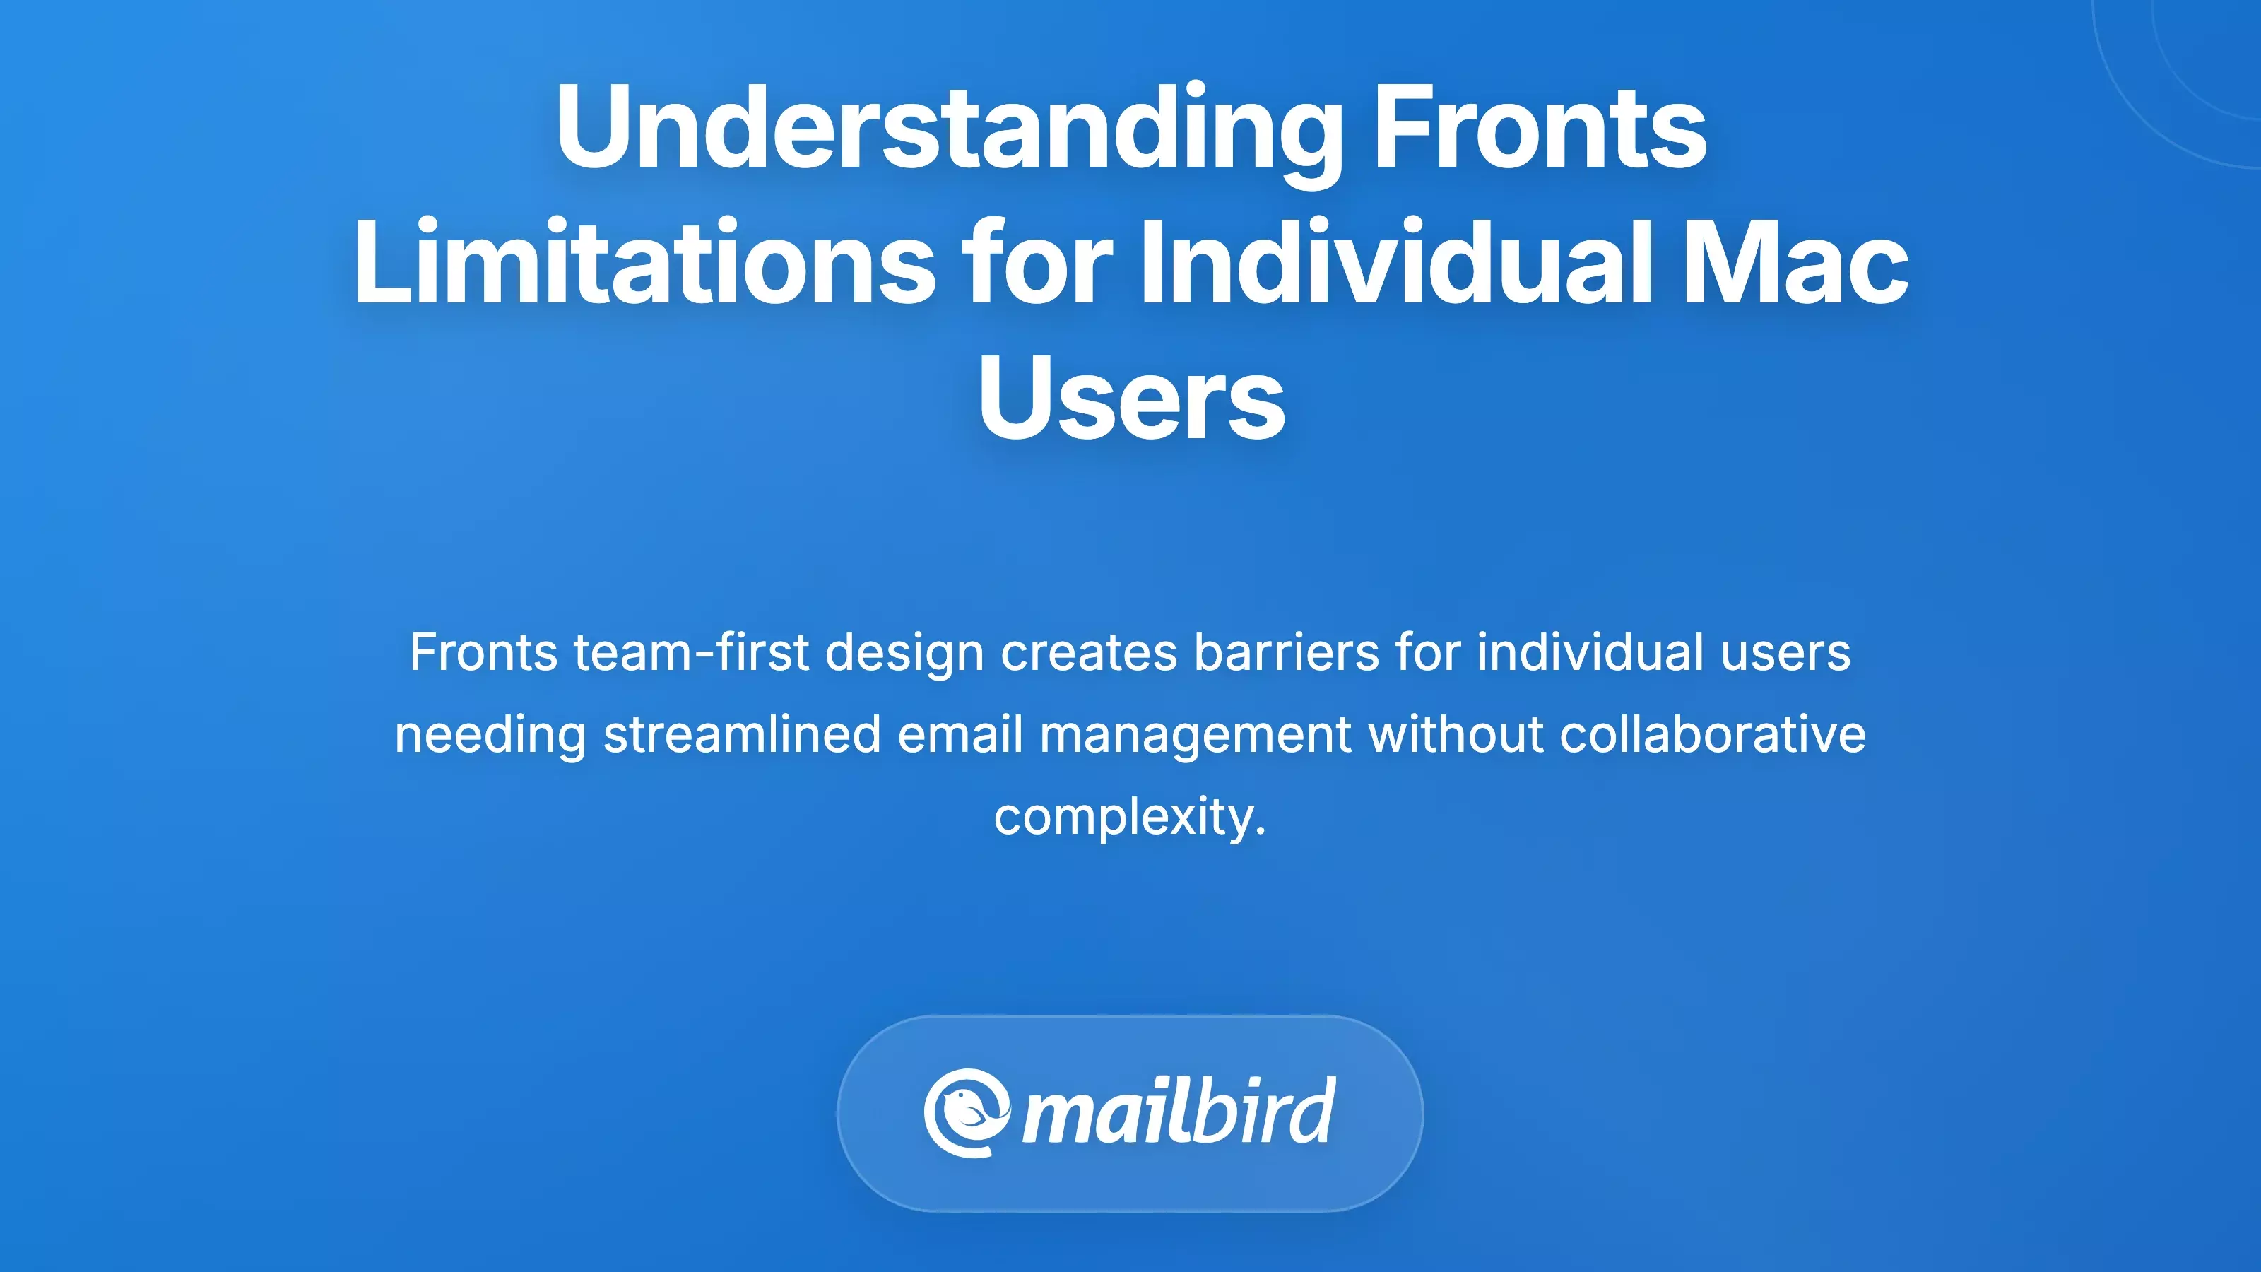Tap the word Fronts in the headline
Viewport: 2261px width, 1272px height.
point(1540,127)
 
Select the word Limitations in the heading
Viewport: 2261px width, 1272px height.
point(644,264)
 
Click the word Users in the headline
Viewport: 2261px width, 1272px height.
point(1131,399)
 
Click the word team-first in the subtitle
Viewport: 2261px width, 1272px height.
point(691,653)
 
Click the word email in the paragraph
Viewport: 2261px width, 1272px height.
point(960,735)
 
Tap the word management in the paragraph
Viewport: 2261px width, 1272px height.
point(1196,735)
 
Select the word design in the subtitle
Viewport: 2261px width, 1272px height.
point(904,653)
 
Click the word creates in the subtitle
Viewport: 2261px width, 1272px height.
point(1088,653)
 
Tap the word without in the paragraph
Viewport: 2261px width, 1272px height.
point(1456,735)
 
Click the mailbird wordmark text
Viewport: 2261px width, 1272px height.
point(1179,1113)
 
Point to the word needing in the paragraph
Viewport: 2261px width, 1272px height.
point(490,735)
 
